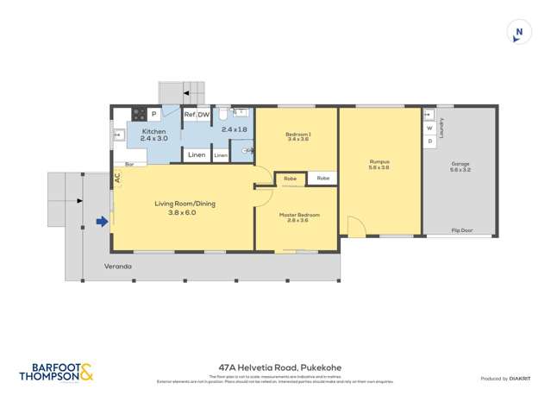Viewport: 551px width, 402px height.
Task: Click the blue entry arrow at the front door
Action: (x=102, y=222)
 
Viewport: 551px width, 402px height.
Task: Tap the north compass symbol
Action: (x=518, y=34)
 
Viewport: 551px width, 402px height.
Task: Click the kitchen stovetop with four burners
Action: (x=138, y=114)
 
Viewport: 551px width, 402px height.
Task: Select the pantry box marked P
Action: (x=153, y=114)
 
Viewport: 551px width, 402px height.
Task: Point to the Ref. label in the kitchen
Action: (x=189, y=114)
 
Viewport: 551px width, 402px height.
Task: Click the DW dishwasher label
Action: (x=203, y=114)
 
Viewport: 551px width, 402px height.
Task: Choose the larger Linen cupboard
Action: (x=196, y=155)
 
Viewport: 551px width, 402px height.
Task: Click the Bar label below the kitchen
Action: (x=129, y=164)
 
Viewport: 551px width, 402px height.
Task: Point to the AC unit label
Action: (x=116, y=179)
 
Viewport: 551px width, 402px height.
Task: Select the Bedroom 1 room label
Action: (x=297, y=135)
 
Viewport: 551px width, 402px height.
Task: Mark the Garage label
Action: (x=460, y=164)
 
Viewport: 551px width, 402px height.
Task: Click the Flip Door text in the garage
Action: (x=461, y=230)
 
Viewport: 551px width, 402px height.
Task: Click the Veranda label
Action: (x=118, y=267)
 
